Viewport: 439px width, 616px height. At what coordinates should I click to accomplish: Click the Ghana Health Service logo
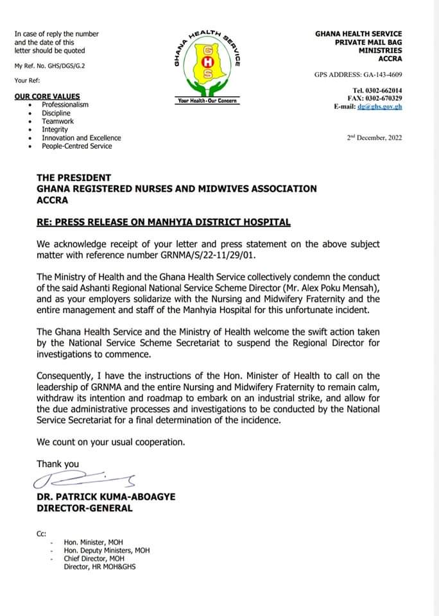(207, 64)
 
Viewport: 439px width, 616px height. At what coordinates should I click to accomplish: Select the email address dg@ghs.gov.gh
(384, 107)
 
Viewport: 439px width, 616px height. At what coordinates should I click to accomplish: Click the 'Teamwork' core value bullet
(58, 121)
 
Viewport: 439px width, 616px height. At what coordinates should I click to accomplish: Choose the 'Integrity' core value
(55, 130)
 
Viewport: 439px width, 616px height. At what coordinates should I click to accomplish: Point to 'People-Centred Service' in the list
(76, 146)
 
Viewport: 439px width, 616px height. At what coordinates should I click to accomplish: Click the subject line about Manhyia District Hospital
(164, 223)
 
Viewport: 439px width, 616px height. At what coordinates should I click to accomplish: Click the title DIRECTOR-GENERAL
(85, 508)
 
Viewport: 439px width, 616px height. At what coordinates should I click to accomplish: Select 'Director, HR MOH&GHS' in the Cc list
(99, 567)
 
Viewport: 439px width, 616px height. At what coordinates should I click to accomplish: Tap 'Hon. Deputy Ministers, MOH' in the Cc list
(107, 551)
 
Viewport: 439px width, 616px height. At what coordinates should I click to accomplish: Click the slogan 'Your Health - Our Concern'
(207, 101)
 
